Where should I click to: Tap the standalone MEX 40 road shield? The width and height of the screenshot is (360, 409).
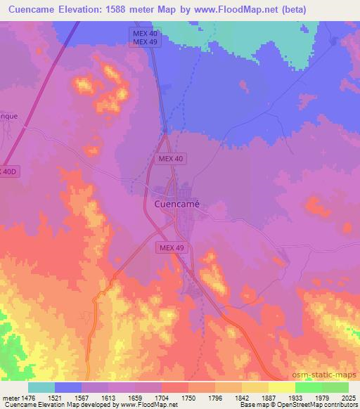169,160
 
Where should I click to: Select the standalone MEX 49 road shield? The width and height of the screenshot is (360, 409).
172,247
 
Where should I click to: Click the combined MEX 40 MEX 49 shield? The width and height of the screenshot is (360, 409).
146,38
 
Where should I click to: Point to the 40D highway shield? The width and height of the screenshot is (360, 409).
6,171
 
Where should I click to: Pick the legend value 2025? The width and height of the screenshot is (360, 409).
347,399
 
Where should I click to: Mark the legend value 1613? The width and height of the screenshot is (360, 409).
108,399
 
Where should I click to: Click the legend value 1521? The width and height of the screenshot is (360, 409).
55,399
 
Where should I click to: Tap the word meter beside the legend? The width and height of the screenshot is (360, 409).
12,399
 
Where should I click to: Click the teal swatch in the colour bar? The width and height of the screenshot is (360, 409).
41,387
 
